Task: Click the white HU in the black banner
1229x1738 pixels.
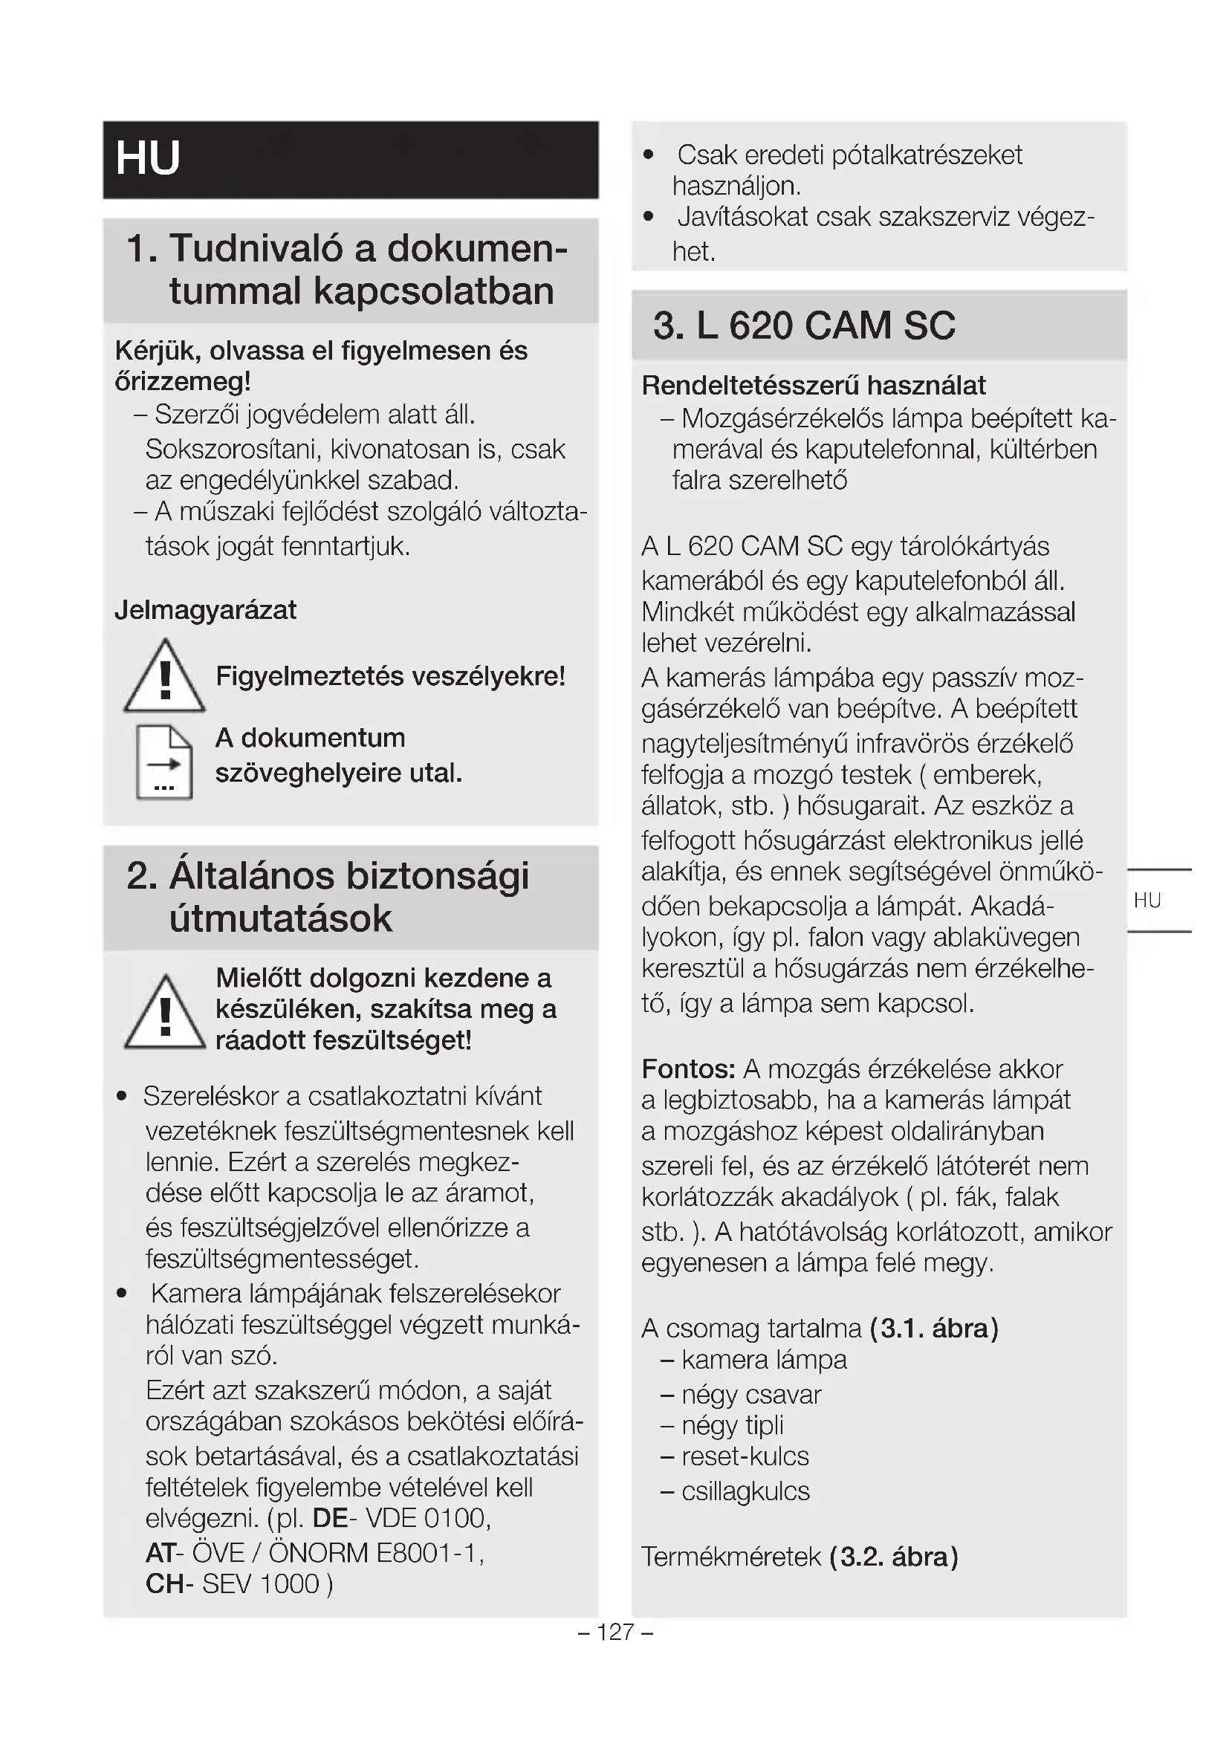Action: coord(149,158)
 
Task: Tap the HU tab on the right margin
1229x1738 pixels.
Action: coord(1147,900)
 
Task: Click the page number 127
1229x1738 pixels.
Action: coord(614,1632)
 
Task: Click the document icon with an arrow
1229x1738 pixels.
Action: coord(164,762)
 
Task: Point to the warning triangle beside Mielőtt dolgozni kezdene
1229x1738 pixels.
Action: coord(164,1014)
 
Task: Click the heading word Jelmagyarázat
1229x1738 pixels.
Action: coord(205,610)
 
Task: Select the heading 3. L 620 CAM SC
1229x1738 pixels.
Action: coord(804,325)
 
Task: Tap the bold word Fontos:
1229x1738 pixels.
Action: coord(688,1069)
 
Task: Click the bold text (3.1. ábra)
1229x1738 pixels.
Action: coord(934,1329)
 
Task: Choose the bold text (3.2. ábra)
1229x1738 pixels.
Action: coord(894,1557)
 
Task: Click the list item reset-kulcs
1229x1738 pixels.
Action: coord(745,1456)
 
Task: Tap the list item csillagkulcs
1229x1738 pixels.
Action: coord(745,1491)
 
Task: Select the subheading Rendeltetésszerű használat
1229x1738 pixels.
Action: coord(814,386)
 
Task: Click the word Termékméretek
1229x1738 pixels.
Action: coord(731,1557)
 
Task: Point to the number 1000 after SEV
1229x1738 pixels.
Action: coord(289,1583)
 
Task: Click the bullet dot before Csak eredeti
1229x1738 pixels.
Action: coord(648,155)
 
